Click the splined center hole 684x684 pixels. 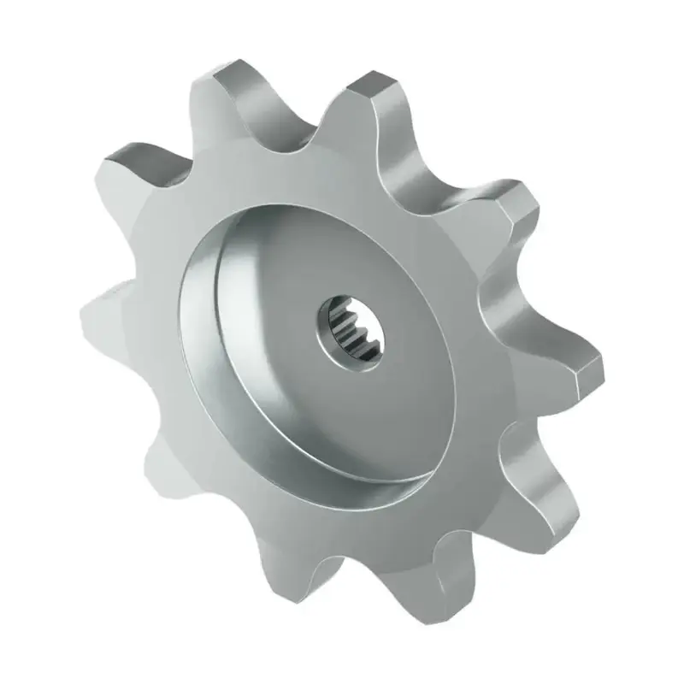click(x=356, y=330)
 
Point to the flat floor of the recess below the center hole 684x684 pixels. click(x=359, y=410)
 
